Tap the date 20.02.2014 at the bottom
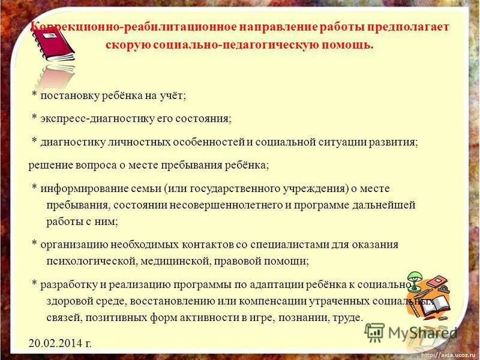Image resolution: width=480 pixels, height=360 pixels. point(60,343)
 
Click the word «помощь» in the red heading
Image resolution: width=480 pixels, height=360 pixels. point(347,45)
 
